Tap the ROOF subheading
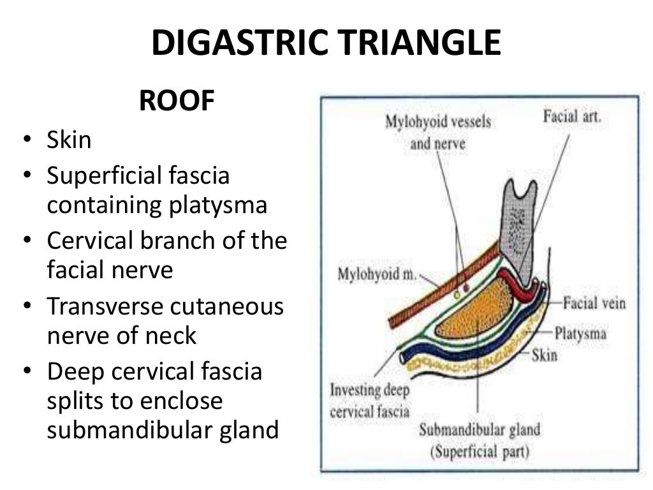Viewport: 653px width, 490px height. (177, 101)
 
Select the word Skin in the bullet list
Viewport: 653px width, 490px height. (69, 140)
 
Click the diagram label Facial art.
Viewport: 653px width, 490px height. (572, 117)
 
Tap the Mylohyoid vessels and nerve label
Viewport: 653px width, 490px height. (437, 132)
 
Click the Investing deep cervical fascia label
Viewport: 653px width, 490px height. (370, 400)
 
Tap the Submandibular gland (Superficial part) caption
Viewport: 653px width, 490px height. (478, 440)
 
